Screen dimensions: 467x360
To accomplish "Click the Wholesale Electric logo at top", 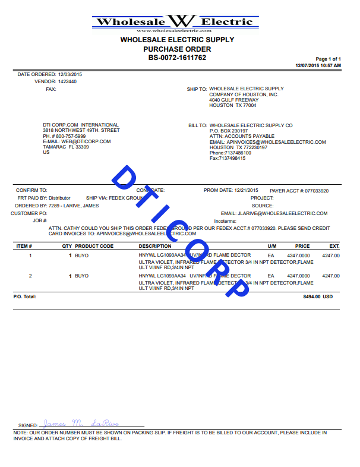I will tap(176, 23).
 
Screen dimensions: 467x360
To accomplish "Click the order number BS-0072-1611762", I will tap(177, 58).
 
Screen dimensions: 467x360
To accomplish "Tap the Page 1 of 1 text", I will tap(328, 59).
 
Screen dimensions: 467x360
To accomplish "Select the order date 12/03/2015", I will tap(70, 74).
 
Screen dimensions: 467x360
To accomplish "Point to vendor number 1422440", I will tap(67, 81).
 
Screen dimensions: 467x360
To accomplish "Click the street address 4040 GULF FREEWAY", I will tap(233, 100).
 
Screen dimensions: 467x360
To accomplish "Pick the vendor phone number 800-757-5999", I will tap(72, 136).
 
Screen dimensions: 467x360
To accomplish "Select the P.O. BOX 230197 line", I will tap(229, 131).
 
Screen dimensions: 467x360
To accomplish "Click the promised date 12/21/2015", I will tap(248, 191).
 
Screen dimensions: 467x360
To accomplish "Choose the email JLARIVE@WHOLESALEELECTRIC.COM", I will tap(282, 213).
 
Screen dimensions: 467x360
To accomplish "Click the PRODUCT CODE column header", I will tap(94, 246).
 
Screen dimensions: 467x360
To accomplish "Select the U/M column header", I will tap(272, 246).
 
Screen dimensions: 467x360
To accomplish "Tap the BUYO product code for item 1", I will tap(81, 255).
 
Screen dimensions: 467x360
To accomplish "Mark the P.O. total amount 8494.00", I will tap(311, 296).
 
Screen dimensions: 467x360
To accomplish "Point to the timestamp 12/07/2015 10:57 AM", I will tap(318, 65).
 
